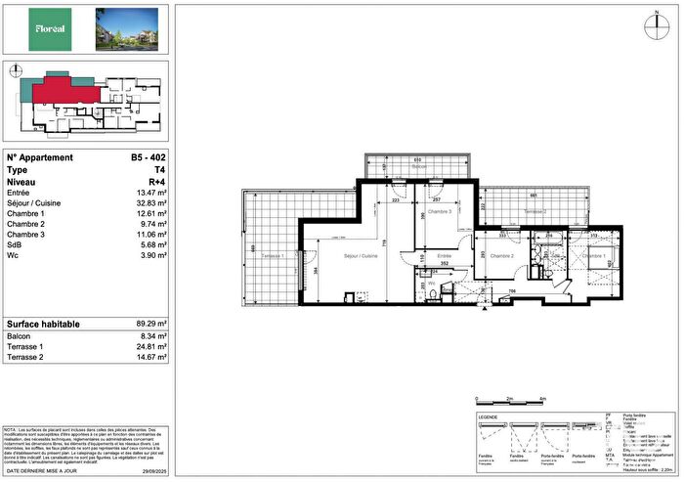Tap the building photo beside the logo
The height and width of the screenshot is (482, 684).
click(125, 28)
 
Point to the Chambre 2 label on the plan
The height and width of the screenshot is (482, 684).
click(501, 256)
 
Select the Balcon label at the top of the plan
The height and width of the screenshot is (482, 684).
click(419, 167)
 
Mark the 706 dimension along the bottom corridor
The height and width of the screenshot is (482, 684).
click(509, 291)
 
